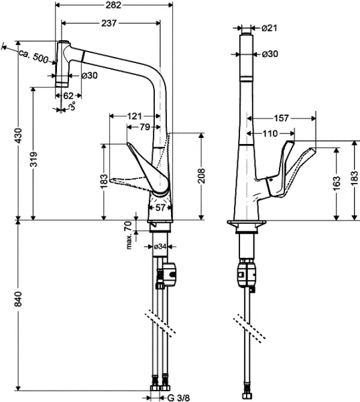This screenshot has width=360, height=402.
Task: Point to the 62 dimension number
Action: tap(68, 95)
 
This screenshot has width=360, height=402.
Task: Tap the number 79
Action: tap(144, 127)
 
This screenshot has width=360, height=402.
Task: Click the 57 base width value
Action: tap(160, 208)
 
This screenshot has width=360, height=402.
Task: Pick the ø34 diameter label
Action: tap(160, 247)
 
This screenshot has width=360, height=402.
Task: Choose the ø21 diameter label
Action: tap(269, 27)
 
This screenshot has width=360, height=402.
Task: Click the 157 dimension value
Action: tap(282, 118)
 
